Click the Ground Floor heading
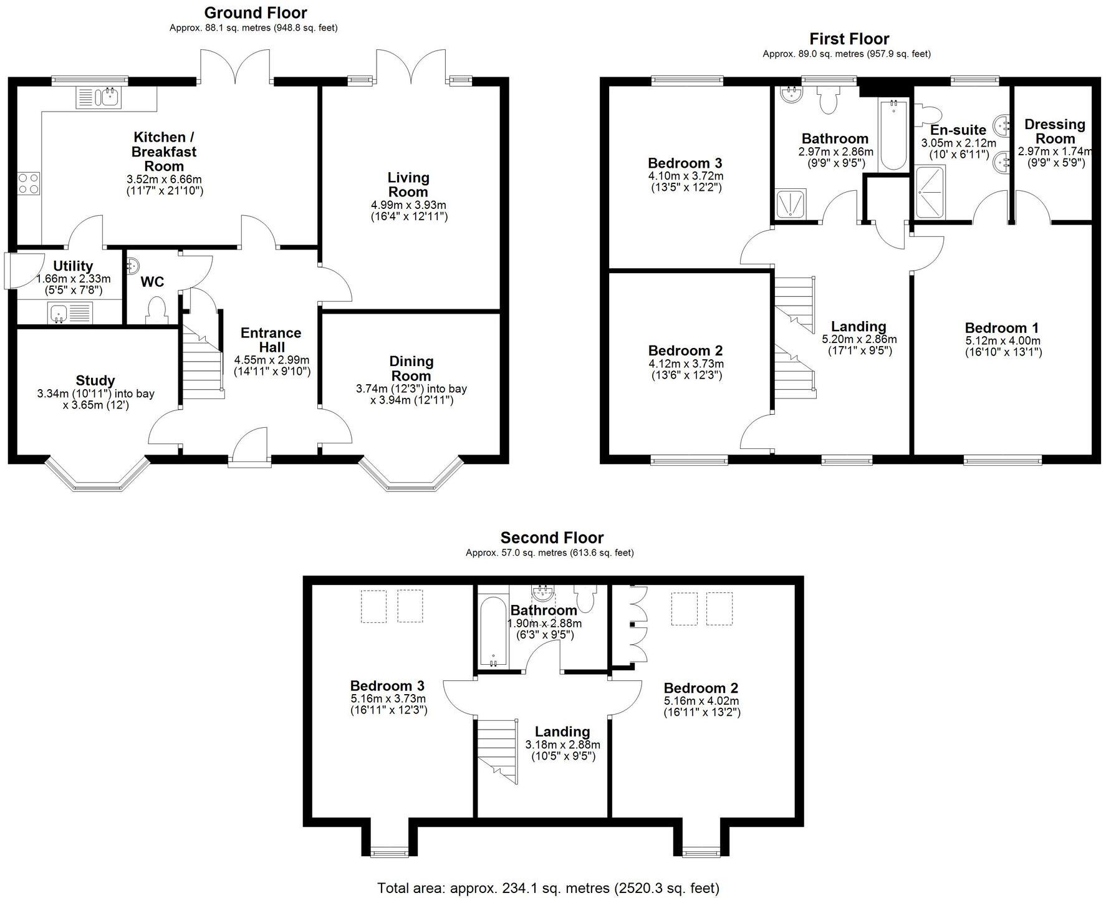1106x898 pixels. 255,12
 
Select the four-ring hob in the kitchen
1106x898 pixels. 28,183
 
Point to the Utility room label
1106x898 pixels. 73,266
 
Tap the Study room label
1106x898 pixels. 95,380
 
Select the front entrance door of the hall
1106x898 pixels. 250,447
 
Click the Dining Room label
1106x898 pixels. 411,369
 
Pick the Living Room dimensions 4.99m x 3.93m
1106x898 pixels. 408,205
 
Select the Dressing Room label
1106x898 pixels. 1055,132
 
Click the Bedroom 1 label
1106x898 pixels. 1002,328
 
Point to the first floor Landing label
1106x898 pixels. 858,327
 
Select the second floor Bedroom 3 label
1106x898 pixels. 387,687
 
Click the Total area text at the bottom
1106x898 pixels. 548,887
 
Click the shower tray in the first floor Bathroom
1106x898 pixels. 791,203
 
